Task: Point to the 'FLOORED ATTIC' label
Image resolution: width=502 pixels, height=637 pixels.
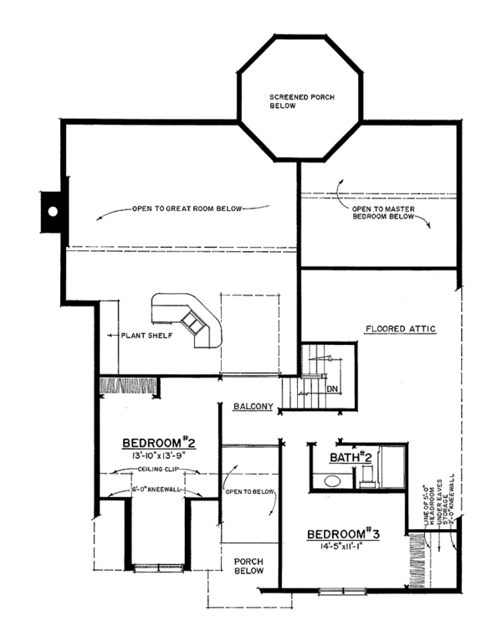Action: coord(400,329)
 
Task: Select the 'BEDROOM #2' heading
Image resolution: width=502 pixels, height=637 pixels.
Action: coord(159,443)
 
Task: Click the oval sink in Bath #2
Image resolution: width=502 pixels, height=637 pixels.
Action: coord(331,481)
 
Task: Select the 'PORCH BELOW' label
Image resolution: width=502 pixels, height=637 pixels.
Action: coord(249,565)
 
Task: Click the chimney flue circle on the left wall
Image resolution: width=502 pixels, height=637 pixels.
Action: coord(52,213)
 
